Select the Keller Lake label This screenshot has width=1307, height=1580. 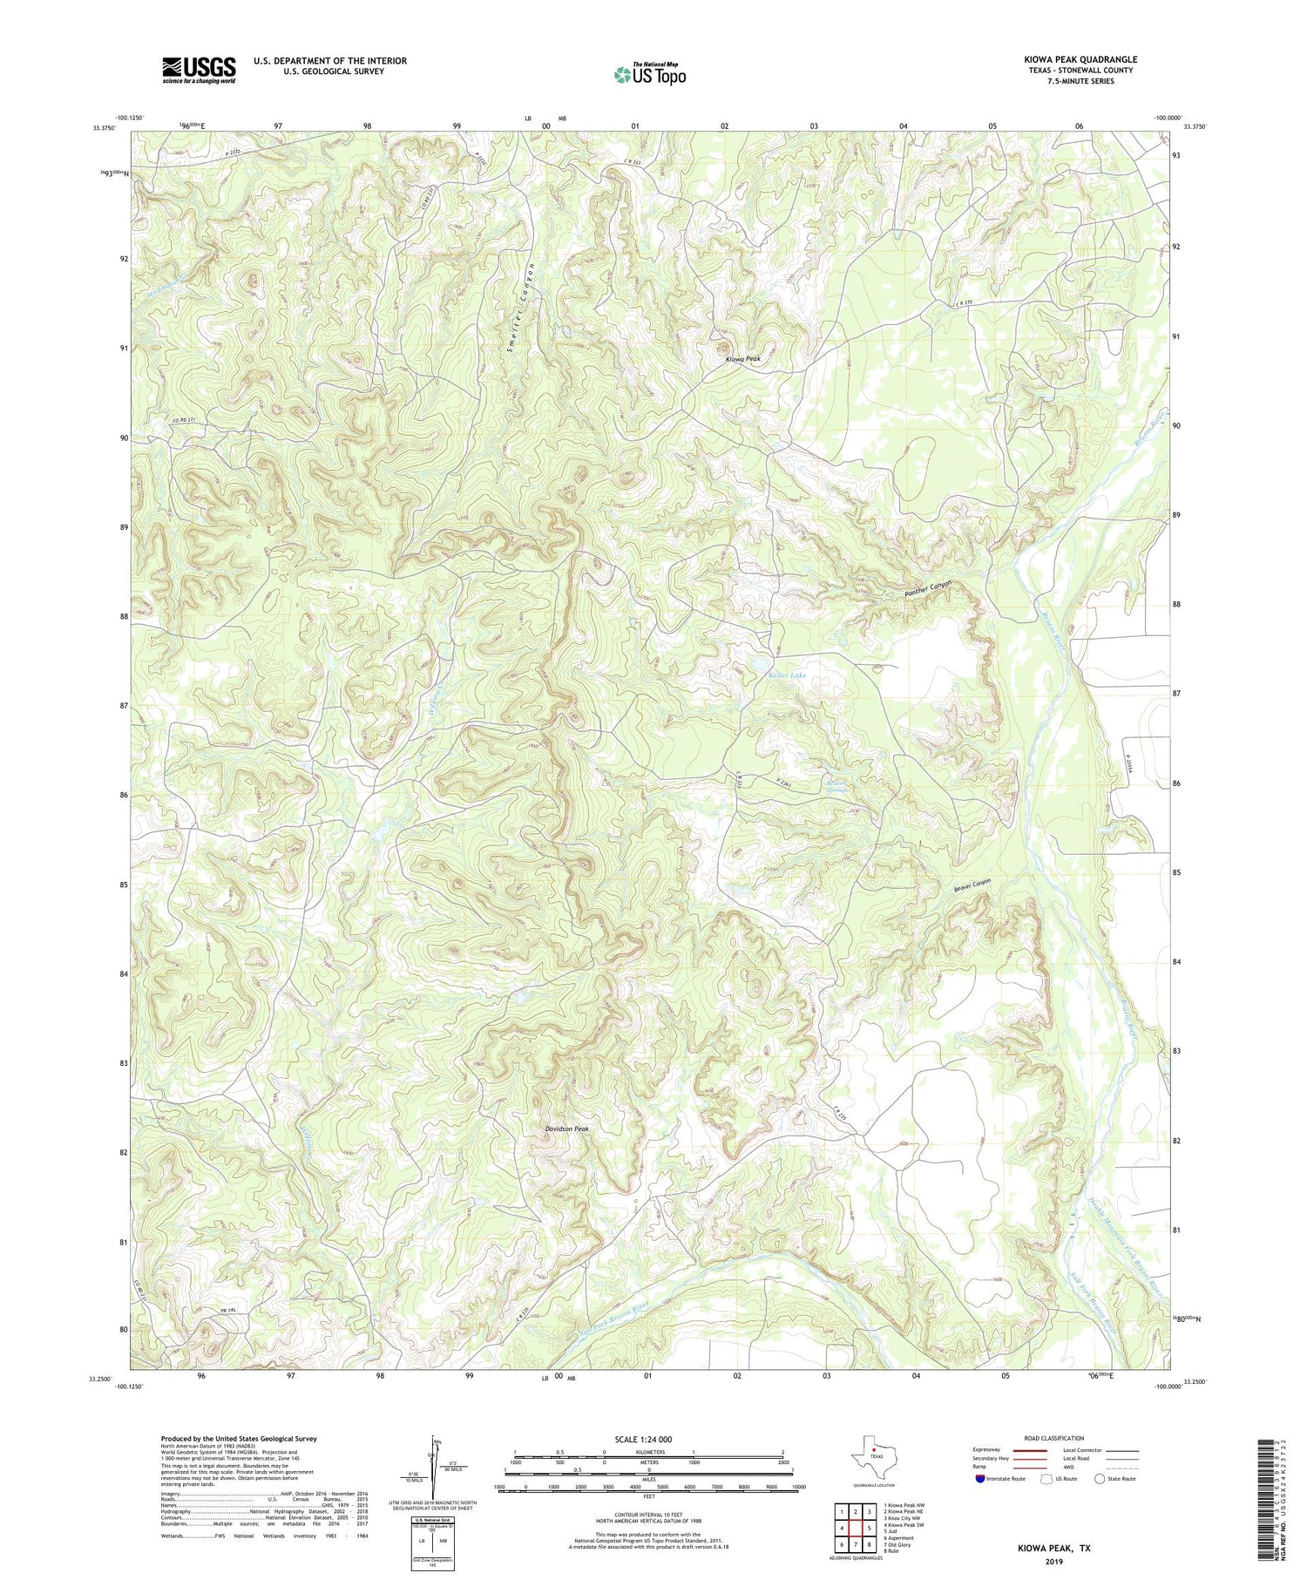coord(787,675)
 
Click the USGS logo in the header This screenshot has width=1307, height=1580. coord(199,70)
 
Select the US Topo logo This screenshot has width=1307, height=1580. coord(649,74)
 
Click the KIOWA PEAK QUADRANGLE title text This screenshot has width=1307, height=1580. coord(1080,59)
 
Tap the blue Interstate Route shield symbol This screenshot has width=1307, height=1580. coord(980,1478)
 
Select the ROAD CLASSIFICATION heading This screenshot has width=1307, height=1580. coord(1054,1438)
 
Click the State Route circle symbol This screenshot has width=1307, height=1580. coord(1100,1478)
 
